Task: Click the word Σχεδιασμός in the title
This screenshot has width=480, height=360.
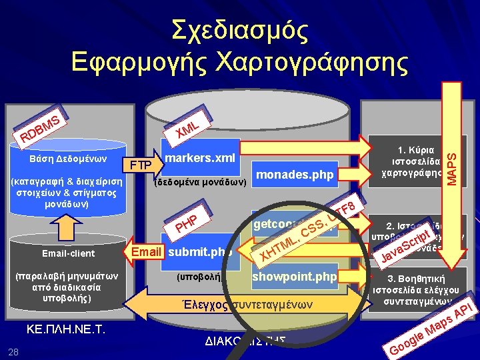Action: pyautogui.click(x=240, y=29)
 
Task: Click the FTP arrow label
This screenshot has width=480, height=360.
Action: pyautogui.click(x=140, y=165)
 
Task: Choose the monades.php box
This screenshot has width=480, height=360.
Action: pyautogui.click(x=294, y=175)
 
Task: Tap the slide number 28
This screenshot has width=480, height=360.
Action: pyautogui.click(x=13, y=351)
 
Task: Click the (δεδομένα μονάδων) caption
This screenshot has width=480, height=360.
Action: pyautogui.click(x=200, y=181)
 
